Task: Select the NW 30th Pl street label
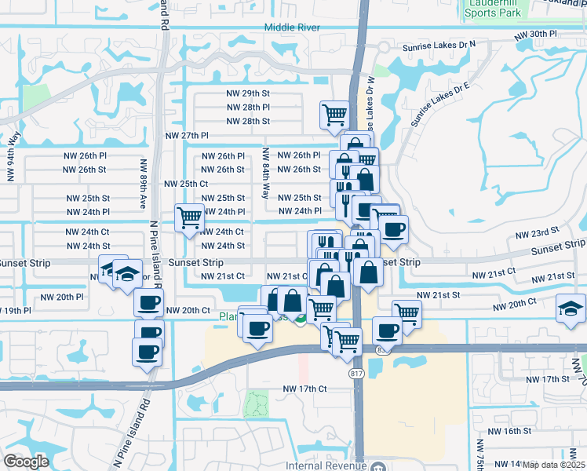[x=535, y=35]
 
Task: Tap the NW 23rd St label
[x=536, y=234]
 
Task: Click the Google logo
[x=26, y=462]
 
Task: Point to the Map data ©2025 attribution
[x=553, y=465]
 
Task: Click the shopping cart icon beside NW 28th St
[x=334, y=115]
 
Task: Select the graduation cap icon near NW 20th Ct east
[x=570, y=309]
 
